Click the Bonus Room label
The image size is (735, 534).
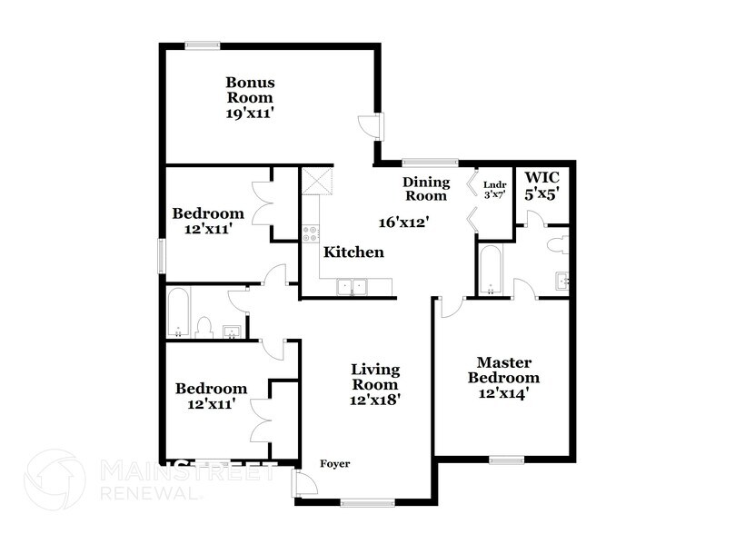pyautogui.click(x=250, y=89)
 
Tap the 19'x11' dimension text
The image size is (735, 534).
pyautogui.click(x=250, y=114)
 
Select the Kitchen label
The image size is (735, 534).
pyautogui.click(x=354, y=252)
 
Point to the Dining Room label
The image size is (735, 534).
pyautogui.click(x=426, y=189)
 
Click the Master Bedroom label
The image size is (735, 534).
pyautogui.click(x=502, y=370)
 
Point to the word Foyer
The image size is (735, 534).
pyautogui.click(x=334, y=464)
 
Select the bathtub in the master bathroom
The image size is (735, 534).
pyautogui.click(x=490, y=271)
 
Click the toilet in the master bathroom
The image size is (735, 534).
pyautogui.click(x=559, y=243)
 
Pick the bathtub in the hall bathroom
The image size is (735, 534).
pyautogui.click(x=177, y=313)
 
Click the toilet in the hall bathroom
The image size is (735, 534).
pyautogui.click(x=205, y=327)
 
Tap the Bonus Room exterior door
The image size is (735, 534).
pyautogui.click(x=372, y=125)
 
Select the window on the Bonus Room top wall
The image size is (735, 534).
pyautogui.click(x=204, y=44)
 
